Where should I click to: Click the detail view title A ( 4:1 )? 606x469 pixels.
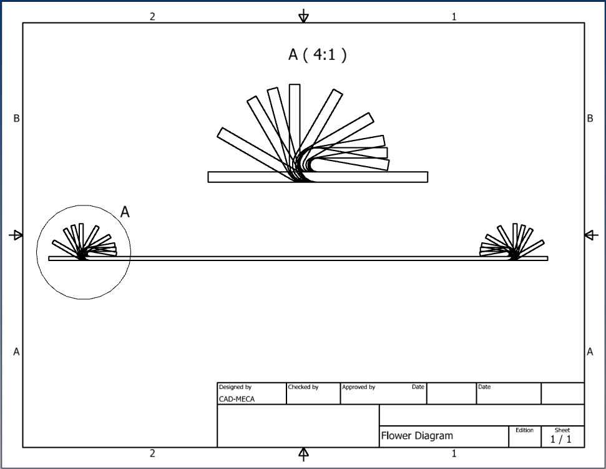coord(317,54)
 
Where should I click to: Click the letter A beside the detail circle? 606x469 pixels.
coord(125,212)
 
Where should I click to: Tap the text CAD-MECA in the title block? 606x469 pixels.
coord(237,399)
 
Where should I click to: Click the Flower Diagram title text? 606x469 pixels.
coord(417,436)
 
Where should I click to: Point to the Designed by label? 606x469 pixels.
coord(235,387)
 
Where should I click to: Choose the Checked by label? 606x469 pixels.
coord(303,387)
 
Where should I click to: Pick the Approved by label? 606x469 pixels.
coord(358,387)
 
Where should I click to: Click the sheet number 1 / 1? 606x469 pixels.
coord(561,439)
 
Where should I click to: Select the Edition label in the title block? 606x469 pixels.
coord(524,430)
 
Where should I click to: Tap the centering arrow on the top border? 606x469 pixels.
coord(304,16)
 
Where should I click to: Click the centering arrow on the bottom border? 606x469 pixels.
coord(304,454)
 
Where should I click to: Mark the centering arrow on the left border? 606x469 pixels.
coord(16,235)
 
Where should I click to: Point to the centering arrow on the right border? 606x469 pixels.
coord(591,235)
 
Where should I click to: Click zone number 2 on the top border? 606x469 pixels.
coord(152,16)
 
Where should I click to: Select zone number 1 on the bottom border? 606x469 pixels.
coord(454,453)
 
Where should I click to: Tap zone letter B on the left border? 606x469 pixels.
coord(16,118)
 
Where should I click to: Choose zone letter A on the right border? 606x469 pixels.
coord(590,352)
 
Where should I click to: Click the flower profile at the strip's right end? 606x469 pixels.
coord(513,242)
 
